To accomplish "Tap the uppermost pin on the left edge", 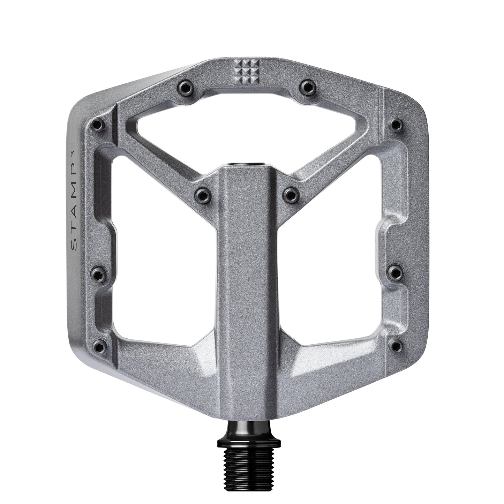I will pos(98,124).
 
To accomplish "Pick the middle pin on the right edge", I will pos(396,272).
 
